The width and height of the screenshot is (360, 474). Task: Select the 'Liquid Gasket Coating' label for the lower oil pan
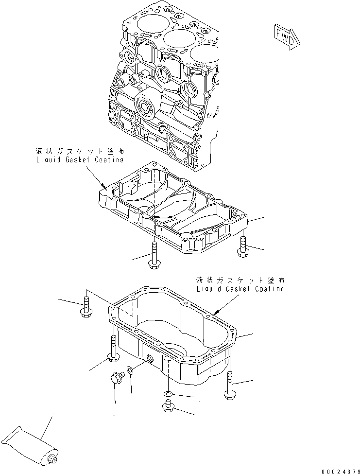[240, 288]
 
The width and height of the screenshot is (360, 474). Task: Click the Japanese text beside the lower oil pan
[240, 280]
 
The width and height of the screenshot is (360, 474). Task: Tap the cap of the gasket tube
[52, 459]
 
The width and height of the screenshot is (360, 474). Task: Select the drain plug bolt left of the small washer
[115, 378]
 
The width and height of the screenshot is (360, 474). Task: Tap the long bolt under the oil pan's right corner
[229, 386]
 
